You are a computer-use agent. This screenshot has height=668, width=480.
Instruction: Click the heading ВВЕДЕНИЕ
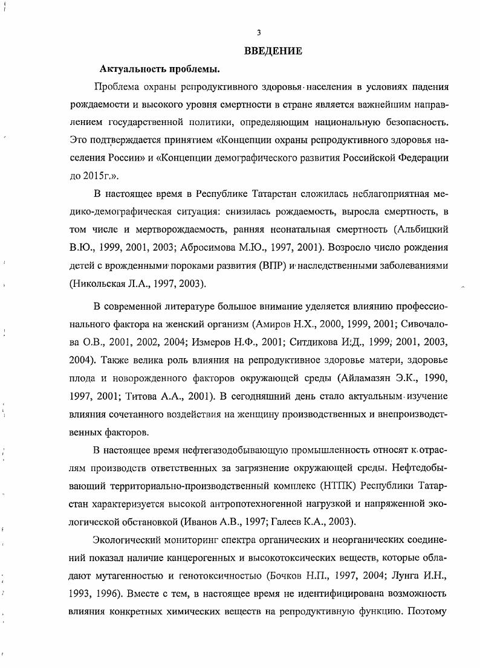[273, 51]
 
